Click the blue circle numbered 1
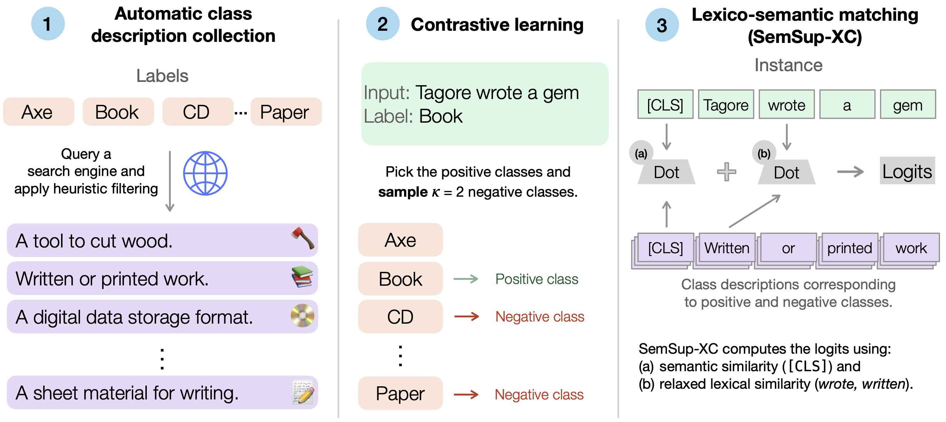48,24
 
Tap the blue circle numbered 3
662,25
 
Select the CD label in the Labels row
198,112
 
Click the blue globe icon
205,173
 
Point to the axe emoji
303,238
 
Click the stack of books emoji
302,276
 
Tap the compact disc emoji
302,315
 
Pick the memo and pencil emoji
303,393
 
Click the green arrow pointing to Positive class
465,279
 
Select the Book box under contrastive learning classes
400,279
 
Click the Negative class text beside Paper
539,395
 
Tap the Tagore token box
726,105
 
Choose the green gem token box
907,105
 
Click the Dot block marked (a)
666,172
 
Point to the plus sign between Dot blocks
726,172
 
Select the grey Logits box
907,171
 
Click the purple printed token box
850,248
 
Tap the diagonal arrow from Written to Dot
755,211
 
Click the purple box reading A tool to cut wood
162,240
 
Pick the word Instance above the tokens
788,65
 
